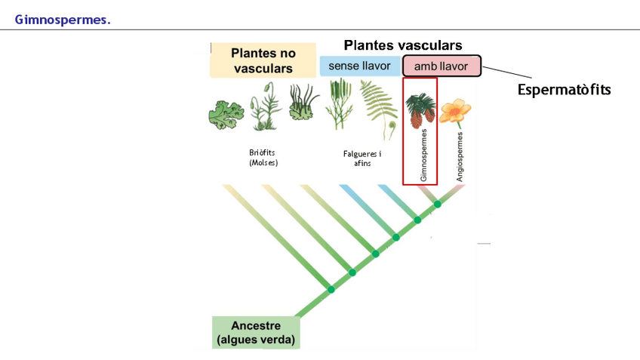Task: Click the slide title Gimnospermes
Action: pyautogui.click(x=63, y=20)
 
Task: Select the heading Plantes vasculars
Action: pyautogui.click(x=402, y=45)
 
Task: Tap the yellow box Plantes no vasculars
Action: pyautogui.click(x=263, y=61)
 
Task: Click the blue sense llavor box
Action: pyautogui.click(x=359, y=66)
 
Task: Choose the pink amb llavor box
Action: pyautogui.click(x=442, y=66)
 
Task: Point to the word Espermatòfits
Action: pyautogui.click(x=564, y=90)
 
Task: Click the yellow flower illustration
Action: pyautogui.click(x=454, y=112)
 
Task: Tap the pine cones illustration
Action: pyautogui.click(x=419, y=111)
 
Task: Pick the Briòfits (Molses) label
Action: pyautogui.click(x=263, y=156)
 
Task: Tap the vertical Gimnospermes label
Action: pyautogui.click(x=423, y=155)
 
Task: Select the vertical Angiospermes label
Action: pyautogui.click(x=460, y=158)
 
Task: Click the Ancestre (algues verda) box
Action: pyautogui.click(x=256, y=332)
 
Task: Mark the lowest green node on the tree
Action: pyautogui.click(x=331, y=290)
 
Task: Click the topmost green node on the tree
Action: pyautogui.click(x=437, y=205)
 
